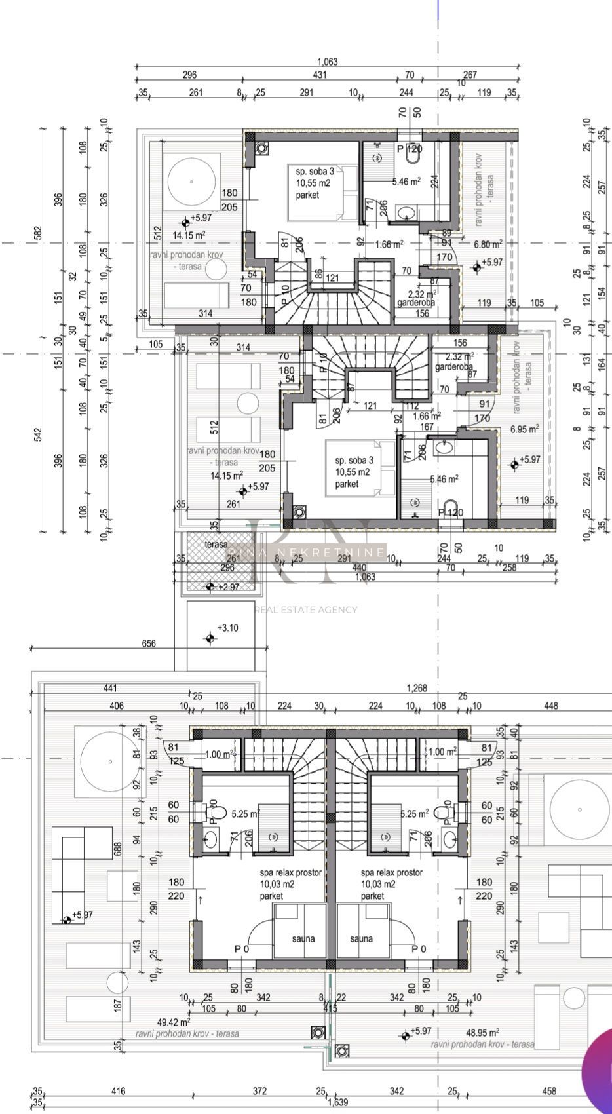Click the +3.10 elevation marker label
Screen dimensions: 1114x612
227,628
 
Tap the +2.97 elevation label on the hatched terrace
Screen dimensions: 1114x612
228,586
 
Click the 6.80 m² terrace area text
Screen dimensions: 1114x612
488,243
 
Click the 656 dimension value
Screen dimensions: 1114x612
149,643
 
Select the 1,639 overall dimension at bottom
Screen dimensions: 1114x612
338,1102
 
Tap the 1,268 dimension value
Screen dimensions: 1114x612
417,688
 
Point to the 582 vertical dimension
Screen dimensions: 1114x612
38,233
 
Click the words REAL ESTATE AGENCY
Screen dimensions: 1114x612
307,609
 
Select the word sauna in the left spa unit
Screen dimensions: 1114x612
303,938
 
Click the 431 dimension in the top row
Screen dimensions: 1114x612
319,75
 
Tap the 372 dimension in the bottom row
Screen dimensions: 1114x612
259,1091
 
